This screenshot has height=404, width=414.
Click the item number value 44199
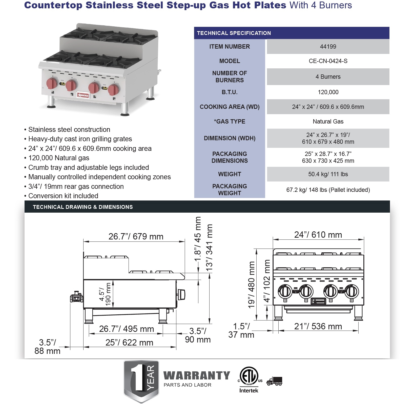(x=328, y=47)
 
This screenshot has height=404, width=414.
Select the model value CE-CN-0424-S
(x=328, y=61)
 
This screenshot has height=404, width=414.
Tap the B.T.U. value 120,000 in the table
(x=328, y=92)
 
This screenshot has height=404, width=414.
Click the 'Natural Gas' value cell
(x=328, y=122)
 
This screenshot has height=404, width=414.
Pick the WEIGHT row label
(x=230, y=174)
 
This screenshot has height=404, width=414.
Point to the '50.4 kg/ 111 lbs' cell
(x=328, y=174)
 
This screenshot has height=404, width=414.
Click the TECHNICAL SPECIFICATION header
(x=234, y=33)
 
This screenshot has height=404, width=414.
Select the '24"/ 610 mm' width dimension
(x=318, y=235)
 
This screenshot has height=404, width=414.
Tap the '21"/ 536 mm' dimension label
(x=318, y=327)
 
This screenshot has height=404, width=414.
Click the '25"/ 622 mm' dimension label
(x=129, y=343)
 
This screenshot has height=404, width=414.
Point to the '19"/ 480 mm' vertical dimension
(x=251, y=285)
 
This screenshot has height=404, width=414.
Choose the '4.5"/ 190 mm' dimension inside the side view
(x=105, y=294)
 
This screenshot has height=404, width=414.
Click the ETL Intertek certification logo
(x=249, y=380)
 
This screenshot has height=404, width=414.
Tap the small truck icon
(x=274, y=381)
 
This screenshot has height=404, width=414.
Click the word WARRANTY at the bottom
(x=197, y=376)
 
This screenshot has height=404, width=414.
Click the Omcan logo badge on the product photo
(x=83, y=95)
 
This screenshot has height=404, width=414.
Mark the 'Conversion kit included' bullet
(x=63, y=196)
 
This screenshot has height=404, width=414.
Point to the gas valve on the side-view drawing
(x=76, y=297)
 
